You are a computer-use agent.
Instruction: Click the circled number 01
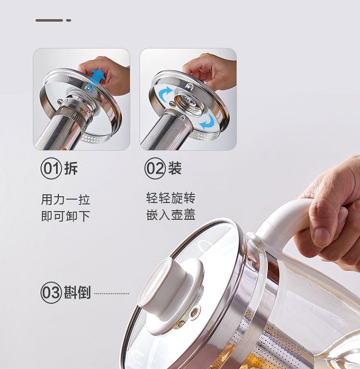point(51,168)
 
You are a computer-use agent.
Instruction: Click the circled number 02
point(155,168)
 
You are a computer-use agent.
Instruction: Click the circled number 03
point(51,293)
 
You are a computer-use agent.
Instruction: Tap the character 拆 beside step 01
point(71,168)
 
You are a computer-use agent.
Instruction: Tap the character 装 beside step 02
point(175,168)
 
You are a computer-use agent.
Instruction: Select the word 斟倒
point(77,293)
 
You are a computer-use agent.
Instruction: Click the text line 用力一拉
point(66,200)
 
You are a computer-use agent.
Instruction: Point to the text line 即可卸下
point(66,216)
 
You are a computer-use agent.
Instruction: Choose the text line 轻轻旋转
point(171,198)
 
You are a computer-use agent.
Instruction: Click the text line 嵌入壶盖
point(171,214)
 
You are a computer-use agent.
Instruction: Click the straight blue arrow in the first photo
point(96,79)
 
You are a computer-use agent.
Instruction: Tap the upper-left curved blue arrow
point(166,93)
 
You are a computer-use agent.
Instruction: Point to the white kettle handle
point(283,226)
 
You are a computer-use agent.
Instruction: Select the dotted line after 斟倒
point(112,294)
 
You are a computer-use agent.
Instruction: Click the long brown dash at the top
point(49,21)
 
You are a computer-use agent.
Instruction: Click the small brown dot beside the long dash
point(69,21)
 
